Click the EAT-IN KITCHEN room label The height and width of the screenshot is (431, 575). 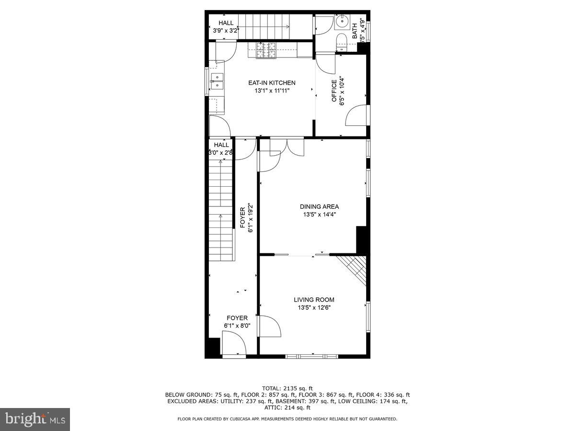click(272, 83)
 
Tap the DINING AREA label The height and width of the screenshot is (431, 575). click(319, 207)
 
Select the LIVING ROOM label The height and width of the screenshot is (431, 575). click(314, 300)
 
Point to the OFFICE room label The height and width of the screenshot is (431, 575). click(334, 91)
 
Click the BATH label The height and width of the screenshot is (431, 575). click(355, 31)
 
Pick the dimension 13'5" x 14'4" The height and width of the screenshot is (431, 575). click(319, 215)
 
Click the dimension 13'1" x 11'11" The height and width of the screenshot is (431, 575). click(272, 90)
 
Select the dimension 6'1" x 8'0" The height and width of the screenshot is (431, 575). click(237, 326)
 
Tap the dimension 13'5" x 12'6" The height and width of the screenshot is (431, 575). click(314, 307)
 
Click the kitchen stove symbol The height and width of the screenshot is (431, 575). click(267, 51)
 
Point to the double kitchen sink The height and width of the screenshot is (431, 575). click(216, 82)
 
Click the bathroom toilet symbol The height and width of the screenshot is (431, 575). click(342, 42)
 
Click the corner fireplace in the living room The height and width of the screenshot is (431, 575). click(355, 268)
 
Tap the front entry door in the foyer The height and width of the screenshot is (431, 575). click(234, 346)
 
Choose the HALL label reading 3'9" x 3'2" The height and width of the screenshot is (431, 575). click(226, 27)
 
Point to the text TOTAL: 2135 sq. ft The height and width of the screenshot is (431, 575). click(287, 388)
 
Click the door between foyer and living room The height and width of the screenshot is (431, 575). click(270, 326)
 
